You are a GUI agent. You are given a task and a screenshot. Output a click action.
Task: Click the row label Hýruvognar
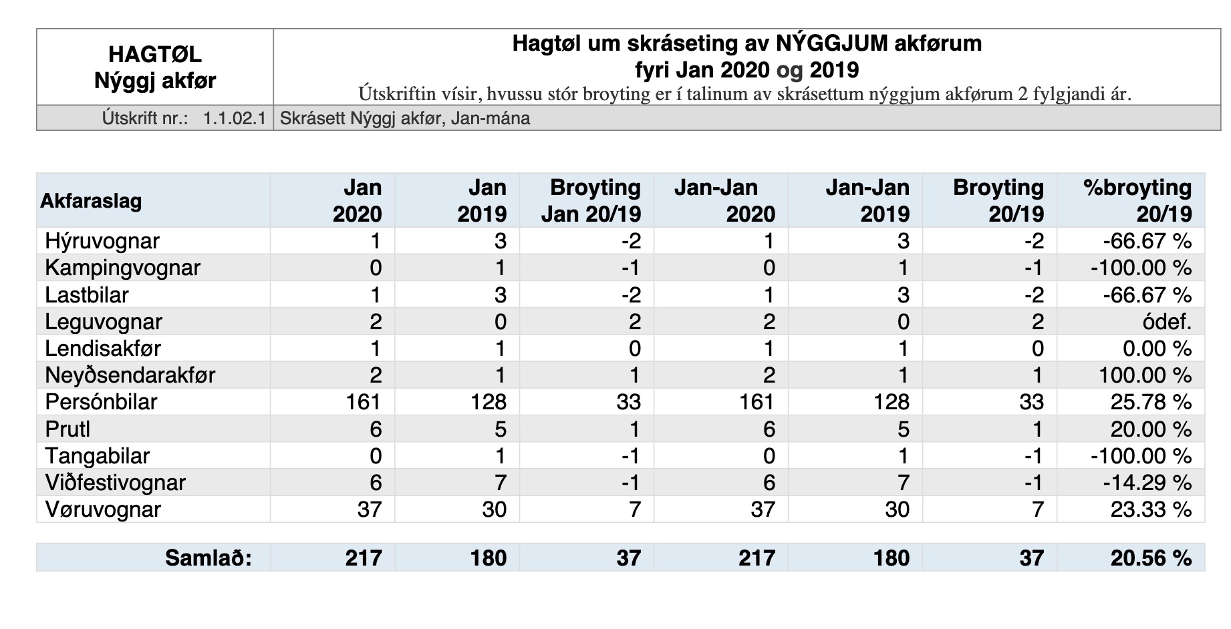(102, 241)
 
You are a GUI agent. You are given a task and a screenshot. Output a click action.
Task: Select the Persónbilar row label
(101, 402)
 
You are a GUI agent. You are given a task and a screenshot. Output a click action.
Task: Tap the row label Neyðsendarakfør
(130, 375)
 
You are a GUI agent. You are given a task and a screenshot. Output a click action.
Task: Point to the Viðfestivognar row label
(115, 482)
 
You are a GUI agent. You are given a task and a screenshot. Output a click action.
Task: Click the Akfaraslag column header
(91, 200)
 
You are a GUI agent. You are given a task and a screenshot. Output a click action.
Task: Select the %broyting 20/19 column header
(1137, 200)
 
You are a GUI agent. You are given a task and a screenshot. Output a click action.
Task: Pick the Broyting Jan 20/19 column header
(591, 200)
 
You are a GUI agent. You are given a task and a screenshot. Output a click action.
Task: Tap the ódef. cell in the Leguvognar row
(1167, 322)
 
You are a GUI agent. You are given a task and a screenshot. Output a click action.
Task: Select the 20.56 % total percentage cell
(1151, 558)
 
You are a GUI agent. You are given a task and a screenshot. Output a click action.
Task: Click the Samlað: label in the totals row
(209, 558)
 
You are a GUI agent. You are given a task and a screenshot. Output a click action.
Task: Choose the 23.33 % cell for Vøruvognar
(1151, 509)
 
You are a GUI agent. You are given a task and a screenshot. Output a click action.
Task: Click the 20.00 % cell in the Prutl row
(1151, 429)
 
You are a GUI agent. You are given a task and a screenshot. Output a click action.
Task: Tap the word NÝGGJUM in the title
(832, 43)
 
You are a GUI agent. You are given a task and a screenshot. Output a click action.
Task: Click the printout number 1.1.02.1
(235, 118)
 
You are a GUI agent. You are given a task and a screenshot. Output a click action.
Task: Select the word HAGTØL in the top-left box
(155, 54)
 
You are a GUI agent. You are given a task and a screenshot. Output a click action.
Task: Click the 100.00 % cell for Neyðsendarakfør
(1145, 375)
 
